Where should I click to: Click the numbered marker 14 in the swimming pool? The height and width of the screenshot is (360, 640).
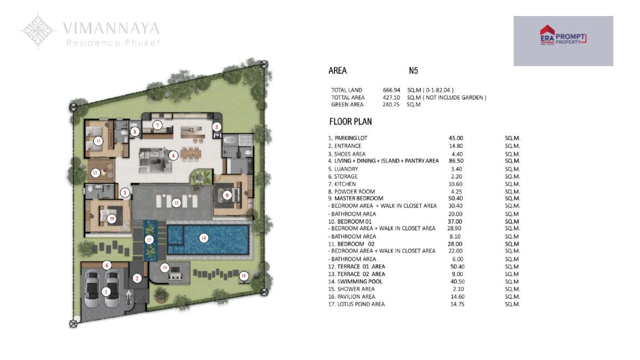pos(203,238)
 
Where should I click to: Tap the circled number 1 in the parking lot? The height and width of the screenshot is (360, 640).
pos(106,292)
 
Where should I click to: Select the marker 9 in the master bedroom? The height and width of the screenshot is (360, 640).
pos(227,195)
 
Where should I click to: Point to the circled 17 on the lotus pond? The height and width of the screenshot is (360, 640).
pos(149,239)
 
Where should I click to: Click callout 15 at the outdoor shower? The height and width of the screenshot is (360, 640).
pos(244,276)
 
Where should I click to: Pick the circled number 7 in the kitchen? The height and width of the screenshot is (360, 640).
pos(157,125)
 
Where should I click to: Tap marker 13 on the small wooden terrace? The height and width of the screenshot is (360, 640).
pos(95,173)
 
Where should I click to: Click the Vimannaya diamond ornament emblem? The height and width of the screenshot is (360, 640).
pos(38,30)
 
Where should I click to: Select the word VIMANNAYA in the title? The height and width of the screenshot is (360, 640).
pos(111,28)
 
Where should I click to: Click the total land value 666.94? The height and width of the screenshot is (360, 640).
pos(391,90)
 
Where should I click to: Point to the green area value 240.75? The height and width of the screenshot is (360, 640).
pos(391,105)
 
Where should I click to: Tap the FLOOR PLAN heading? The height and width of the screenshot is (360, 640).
pos(350,122)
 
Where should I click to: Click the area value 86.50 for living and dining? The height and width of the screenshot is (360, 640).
pos(455,161)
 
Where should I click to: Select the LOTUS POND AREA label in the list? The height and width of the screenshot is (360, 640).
pos(361,305)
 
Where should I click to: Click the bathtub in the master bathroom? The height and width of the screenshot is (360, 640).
pos(230,140)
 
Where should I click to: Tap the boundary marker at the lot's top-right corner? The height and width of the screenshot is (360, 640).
pos(265,65)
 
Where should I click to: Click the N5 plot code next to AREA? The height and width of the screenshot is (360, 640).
pos(413,70)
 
